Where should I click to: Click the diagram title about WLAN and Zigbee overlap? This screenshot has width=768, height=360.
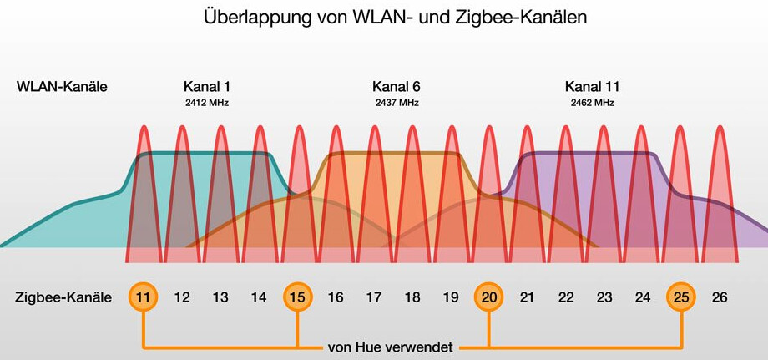tap(395, 18)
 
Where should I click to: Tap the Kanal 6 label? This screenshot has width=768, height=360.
tap(397, 86)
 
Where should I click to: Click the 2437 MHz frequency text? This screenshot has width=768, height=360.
tap(397, 103)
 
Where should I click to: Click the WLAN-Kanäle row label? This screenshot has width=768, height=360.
tap(62, 86)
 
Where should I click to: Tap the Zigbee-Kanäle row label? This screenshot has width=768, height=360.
tap(63, 297)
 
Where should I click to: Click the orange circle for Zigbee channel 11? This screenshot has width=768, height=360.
tap(143, 297)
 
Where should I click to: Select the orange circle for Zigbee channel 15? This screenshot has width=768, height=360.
tap(297, 297)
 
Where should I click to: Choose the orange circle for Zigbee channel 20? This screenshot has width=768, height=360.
tap(488, 297)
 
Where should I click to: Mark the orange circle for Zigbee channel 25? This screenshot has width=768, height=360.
tap(680, 297)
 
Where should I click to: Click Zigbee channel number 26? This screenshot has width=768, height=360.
tap(719, 297)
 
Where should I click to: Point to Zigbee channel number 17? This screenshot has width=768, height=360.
tap(374, 297)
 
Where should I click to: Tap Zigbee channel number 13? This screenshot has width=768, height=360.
tap(220, 297)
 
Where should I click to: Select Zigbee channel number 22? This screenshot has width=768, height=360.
tap(566, 297)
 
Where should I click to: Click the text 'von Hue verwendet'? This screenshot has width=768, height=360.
tap(392, 346)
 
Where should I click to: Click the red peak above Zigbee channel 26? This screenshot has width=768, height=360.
tap(719, 167)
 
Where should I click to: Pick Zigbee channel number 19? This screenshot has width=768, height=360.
tap(451, 297)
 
